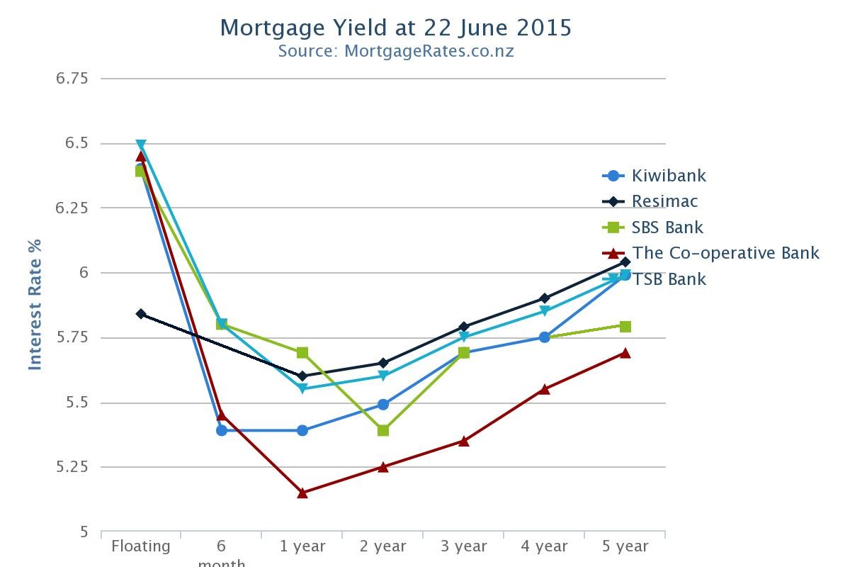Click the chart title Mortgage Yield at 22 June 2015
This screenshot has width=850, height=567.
click(x=395, y=28)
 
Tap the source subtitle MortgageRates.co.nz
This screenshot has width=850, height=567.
click(x=395, y=51)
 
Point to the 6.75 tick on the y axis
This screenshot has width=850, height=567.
click(x=72, y=78)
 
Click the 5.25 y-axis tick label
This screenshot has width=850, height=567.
click(x=72, y=467)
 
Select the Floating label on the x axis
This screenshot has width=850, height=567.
click(x=141, y=546)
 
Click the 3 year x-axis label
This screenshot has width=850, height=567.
click(x=463, y=546)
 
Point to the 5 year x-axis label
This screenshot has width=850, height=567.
click(x=625, y=546)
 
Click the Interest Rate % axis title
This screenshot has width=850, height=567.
click(x=35, y=304)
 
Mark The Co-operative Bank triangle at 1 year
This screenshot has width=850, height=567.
click(x=302, y=493)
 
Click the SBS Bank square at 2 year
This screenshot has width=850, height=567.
click(x=383, y=430)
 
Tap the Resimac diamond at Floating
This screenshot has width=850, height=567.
click(x=141, y=313)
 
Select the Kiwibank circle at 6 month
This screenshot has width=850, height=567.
click(x=222, y=430)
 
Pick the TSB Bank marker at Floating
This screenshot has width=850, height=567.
click(x=141, y=145)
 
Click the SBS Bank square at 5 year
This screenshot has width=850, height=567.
click(x=625, y=326)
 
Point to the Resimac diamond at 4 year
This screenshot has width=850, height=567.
click(x=544, y=298)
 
